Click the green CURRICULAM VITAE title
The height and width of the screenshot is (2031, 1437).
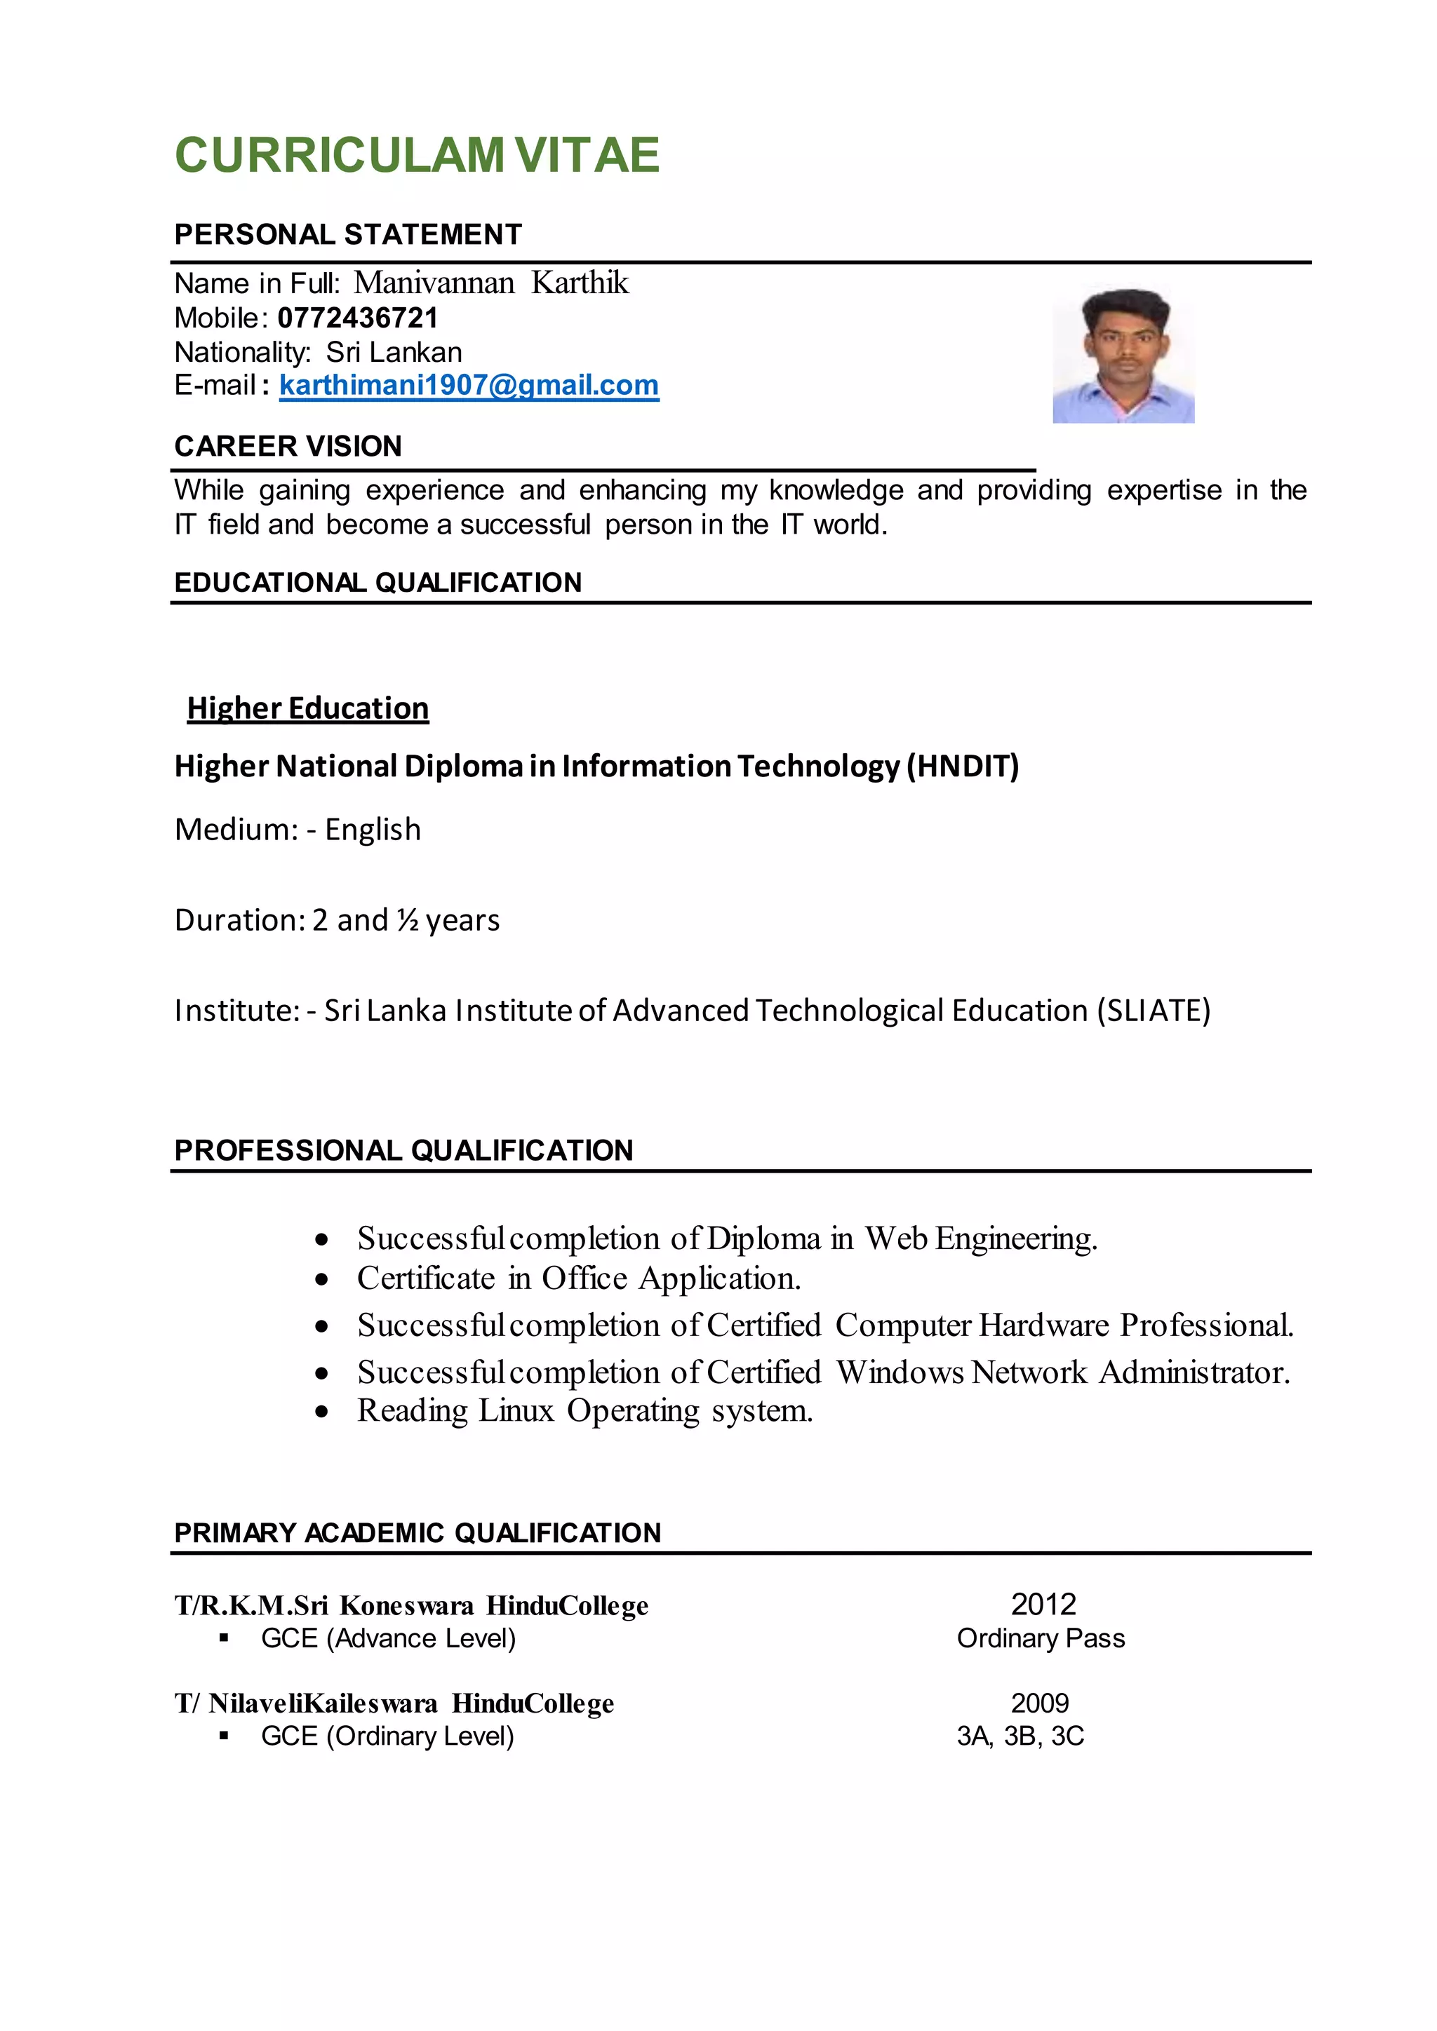pos(417,155)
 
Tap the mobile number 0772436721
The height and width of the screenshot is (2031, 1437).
pos(357,318)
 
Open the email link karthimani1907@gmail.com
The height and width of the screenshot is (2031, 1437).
pos(469,385)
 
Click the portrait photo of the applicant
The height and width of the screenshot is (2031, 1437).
pos(1123,356)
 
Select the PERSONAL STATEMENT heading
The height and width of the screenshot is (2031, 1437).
pos(348,234)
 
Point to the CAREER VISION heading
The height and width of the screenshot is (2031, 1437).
pos(288,446)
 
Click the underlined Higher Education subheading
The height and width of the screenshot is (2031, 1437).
pos(308,708)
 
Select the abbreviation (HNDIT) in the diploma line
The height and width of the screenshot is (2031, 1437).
pos(963,765)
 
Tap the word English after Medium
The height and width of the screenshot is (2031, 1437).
pos(373,830)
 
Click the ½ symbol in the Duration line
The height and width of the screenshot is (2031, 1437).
pos(407,920)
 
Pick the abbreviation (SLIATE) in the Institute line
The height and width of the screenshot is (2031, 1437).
pos(1153,1010)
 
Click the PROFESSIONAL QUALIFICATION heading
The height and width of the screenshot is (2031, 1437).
pos(403,1150)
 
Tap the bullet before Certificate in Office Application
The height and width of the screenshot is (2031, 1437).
pos(322,1279)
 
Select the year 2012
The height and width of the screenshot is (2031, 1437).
pos(1043,1604)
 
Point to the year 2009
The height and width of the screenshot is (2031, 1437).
pos(1040,1703)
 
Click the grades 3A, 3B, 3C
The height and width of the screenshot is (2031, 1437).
pos(1020,1736)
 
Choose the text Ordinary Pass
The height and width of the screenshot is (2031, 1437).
pos(1040,1638)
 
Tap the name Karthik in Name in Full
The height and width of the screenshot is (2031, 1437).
pos(580,283)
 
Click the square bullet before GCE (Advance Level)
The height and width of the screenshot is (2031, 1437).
pos(224,1638)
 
